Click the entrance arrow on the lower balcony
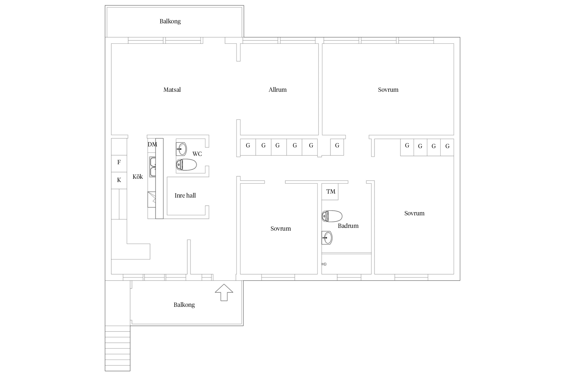click(224, 292)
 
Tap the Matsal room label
click(172, 90)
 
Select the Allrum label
click(277, 90)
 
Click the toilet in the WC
click(186, 165)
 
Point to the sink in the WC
click(181, 149)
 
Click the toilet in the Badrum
click(332, 216)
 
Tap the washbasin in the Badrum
click(327, 238)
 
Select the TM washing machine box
click(330, 192)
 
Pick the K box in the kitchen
click(119, 180)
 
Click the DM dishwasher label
click(152, 144)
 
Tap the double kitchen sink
click(153, 167)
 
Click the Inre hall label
click(185, 196)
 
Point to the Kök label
click(138, 177)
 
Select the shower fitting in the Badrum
click(324, 264)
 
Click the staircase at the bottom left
click(118, 348)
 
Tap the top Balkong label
click(170, 21)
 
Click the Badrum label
click(348, 226)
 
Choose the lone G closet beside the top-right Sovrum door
click(337, 147)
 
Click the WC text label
click(197, 154)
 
